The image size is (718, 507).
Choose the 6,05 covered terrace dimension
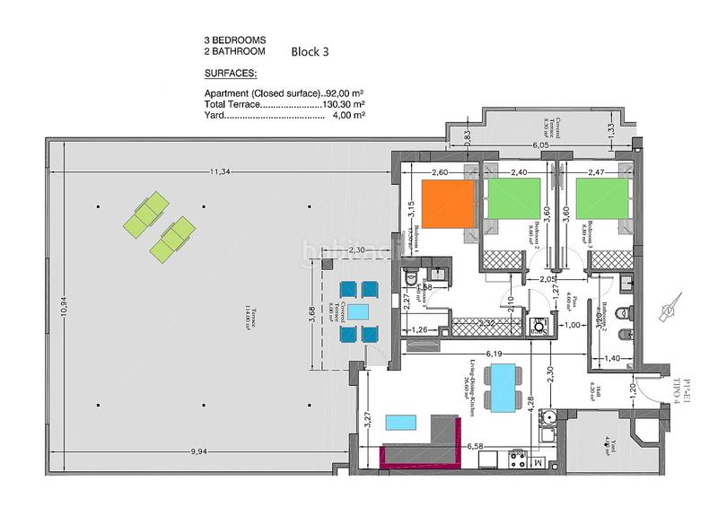click(x=540, y=144)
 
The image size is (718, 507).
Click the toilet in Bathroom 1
click(x=410, y=276)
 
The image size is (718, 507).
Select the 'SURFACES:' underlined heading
click(x=231, y=74)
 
